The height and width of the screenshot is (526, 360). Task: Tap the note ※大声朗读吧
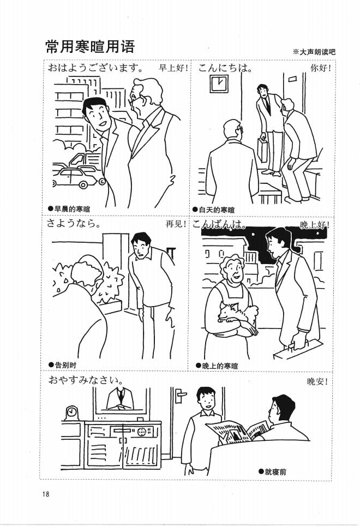(x=314, y=52)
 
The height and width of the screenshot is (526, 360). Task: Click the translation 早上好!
(x=173, y=69)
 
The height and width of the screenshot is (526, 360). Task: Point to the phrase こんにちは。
(x=225, y=69)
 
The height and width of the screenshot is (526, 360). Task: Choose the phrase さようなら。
(x=74, y=224)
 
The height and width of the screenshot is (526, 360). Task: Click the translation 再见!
(x=176, y=224)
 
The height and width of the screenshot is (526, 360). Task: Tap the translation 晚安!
(x=317, y=381)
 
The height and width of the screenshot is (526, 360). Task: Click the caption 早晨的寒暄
(x=71, y=208)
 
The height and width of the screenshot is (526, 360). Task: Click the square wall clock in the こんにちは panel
(x=218, y=83)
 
